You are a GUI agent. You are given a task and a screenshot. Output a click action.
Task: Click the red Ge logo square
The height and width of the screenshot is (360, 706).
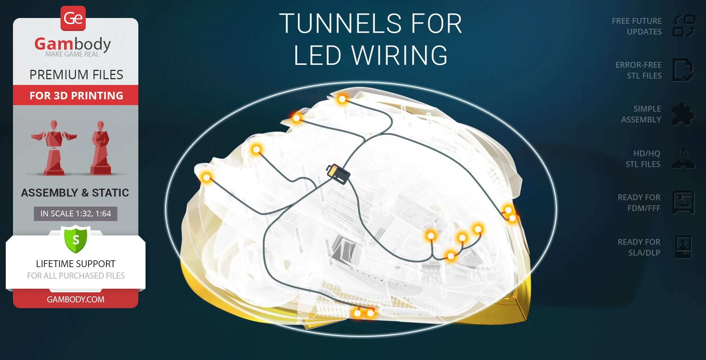point(73,18)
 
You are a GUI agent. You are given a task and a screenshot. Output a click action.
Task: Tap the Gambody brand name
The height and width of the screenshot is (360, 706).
point(72,44)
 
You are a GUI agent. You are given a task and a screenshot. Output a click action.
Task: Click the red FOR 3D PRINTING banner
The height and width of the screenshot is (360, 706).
point(76,95)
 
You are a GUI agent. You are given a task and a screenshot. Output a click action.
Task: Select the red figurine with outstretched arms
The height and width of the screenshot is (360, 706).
point(54,148)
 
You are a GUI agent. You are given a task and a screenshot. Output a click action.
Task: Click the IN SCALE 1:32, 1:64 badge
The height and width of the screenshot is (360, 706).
point(76,213)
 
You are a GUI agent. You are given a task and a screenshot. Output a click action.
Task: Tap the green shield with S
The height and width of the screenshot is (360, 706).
point(76,239)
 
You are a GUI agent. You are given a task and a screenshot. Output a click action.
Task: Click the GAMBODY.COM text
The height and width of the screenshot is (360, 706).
point(76,299)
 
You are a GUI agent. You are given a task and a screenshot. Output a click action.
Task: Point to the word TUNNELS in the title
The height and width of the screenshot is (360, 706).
point(340,24)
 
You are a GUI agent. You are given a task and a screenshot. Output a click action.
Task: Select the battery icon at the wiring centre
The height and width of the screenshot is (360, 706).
point(338,174)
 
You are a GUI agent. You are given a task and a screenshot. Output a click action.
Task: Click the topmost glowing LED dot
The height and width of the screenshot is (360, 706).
point(342,99)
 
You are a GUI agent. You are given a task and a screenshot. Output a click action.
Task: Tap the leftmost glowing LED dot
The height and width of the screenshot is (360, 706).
point(206,177)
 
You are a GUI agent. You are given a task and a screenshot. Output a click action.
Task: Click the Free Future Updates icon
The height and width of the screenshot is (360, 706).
point(684,26)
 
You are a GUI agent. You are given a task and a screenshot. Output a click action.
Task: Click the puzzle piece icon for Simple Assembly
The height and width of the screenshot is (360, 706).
point(683,114)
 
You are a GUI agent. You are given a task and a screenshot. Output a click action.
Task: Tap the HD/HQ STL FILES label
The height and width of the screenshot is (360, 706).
point(643,159)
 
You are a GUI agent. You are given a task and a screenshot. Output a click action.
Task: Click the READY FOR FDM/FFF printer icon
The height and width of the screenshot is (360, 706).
point(683,203)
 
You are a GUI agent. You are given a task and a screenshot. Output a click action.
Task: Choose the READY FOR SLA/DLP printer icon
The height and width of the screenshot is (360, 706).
point(683,247)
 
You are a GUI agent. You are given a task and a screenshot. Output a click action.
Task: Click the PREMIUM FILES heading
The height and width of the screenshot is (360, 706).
point(76,75)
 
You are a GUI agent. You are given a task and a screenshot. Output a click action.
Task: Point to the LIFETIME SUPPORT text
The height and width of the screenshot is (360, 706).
point(76,264)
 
